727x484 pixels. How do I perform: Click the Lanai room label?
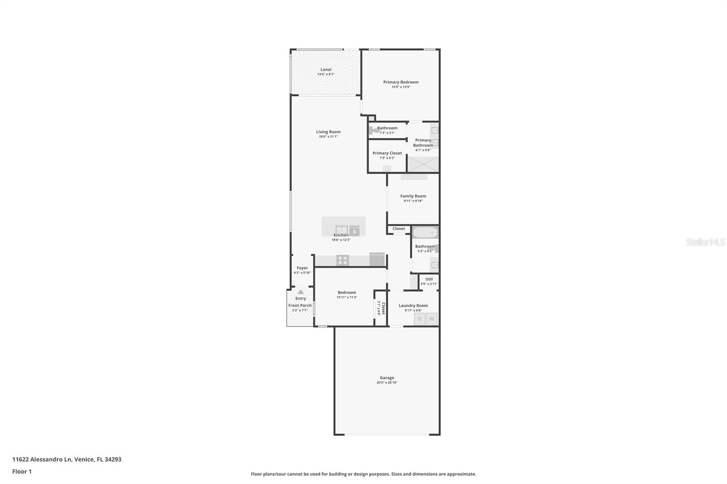pyautogui.click(x=326, y=69)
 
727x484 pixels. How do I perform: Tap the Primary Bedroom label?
pyautogui.click(x=401, y=82)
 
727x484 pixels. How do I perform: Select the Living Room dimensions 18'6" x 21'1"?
pyautogui.click(x=328, y=137)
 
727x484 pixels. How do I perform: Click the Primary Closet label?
pyautogui.click(x=387, y=153)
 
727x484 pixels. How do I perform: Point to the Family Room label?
pyautogui.click(x=413, y=196)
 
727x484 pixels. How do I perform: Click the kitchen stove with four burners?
pyautogui.click(x=343, y=260)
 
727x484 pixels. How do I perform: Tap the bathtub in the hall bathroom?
pyautogui.click(x=425, y=232)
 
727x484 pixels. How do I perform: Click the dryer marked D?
pyautogui.click(x=419, y=319)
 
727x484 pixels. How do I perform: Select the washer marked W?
pyautogui.click(x=432, y=319)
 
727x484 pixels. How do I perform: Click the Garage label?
pyautogui.click(x=387, y=377)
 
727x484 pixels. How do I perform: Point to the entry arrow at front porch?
pyautogui.click(x=300, y=292)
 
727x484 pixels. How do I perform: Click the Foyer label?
pyautogui.click(x=302, y=268)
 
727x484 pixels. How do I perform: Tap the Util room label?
pyautogui.click(x=429, y=279)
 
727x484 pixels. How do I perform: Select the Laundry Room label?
pyautogui.click(x=413, y=306)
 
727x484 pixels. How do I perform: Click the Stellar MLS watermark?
pyautogui.click(x=705, y=242)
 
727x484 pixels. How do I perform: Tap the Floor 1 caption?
pyautogui.click(x=22, y=471)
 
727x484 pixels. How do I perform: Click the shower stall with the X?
pyautogui.click(x=423, y=164)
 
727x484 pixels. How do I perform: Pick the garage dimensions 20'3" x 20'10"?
pyautogui.click(x=387, y=383)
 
